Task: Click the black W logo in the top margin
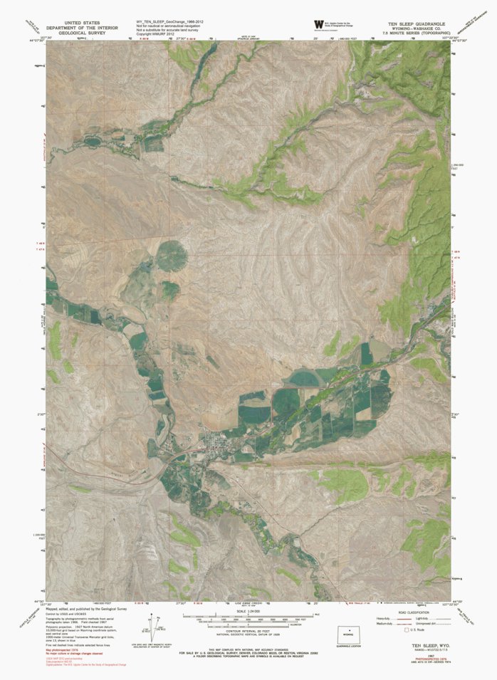[x=308, y=24]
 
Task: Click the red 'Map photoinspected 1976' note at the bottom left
[x=68, y=651]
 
